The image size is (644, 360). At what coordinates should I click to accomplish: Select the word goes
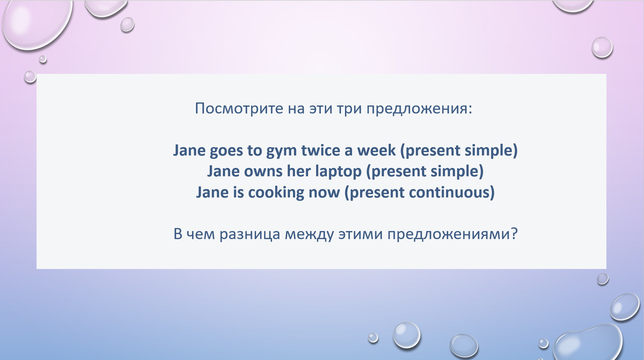click(226, 151)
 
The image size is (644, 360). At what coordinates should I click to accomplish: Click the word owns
click(263, 172)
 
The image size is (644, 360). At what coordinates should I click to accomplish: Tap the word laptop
click(338, 172)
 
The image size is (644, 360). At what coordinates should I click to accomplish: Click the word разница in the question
click(250, 234)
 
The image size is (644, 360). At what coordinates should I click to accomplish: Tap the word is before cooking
click(238, 192)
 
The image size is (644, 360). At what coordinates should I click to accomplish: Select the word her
click(299, 171)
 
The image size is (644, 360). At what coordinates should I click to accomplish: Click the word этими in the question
click(360, 234)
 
